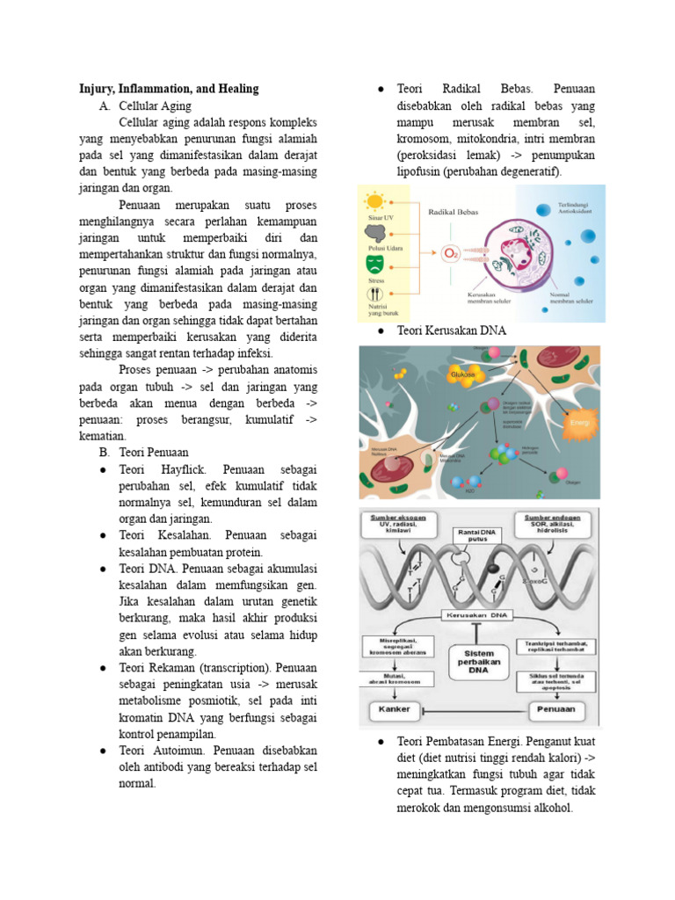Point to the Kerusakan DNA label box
pyautogui.click(x=479, y=617)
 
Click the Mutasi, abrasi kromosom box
pyautogui.click(x=391, y=680)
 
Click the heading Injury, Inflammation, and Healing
pyautogui.click(x=169, y=88)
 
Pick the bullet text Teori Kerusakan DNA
pyautogui.click(x=453, y=330)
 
